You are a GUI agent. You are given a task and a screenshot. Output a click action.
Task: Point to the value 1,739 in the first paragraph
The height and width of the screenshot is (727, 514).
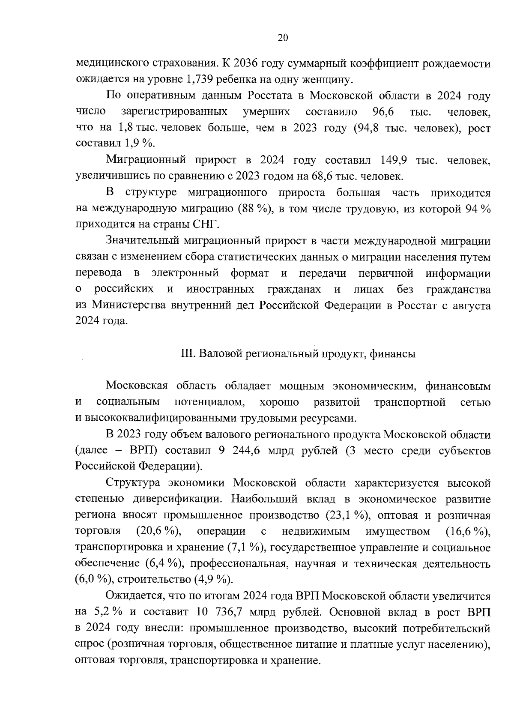click(201, 80)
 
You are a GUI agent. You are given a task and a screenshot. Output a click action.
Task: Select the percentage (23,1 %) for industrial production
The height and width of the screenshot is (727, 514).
click(347, 515)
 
